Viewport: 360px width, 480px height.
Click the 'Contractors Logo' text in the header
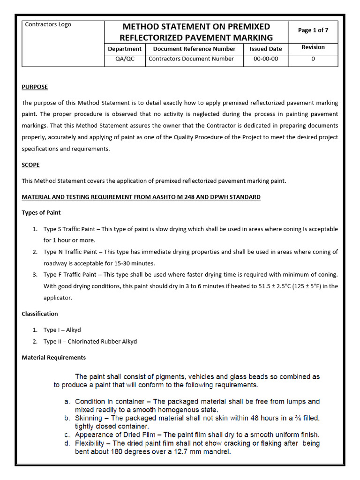48,24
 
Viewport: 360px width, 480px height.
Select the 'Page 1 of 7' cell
313,30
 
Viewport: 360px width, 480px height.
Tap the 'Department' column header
124,49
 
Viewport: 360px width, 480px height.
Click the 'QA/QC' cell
124,59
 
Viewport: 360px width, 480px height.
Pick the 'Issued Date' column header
266,49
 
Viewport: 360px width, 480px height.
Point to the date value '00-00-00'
266,59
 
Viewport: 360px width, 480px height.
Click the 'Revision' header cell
313,47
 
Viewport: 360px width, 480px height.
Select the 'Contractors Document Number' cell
191,59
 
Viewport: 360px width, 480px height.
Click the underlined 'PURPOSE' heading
35,87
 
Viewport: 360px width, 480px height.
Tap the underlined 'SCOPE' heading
30,165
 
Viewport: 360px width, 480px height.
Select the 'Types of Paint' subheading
41,212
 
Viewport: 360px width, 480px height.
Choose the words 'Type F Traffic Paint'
70,275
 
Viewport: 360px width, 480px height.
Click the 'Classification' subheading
40,314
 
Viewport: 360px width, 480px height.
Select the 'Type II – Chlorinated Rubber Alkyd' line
90,341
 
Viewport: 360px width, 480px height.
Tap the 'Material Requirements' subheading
53,357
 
